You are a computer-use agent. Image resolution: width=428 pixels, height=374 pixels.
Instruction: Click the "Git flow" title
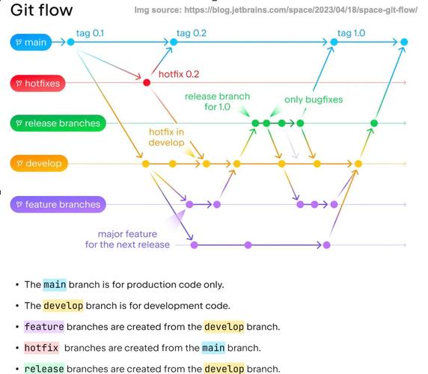(42, 10)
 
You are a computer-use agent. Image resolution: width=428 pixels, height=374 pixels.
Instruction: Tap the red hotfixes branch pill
(37, 82)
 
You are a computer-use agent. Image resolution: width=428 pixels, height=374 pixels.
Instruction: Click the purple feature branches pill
(57, 204)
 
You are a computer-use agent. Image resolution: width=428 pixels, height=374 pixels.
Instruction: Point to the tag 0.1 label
(91, 33)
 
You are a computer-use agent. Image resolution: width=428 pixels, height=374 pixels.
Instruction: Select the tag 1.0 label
(351, 33)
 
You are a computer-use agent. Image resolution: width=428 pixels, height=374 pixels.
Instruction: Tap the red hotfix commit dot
(147, 82)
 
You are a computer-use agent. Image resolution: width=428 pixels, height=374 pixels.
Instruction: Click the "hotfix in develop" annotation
(166, 136)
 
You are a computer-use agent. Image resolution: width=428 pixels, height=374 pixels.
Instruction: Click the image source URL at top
(275, 10)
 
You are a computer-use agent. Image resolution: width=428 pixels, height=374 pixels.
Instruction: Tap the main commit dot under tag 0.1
(71, 42)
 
